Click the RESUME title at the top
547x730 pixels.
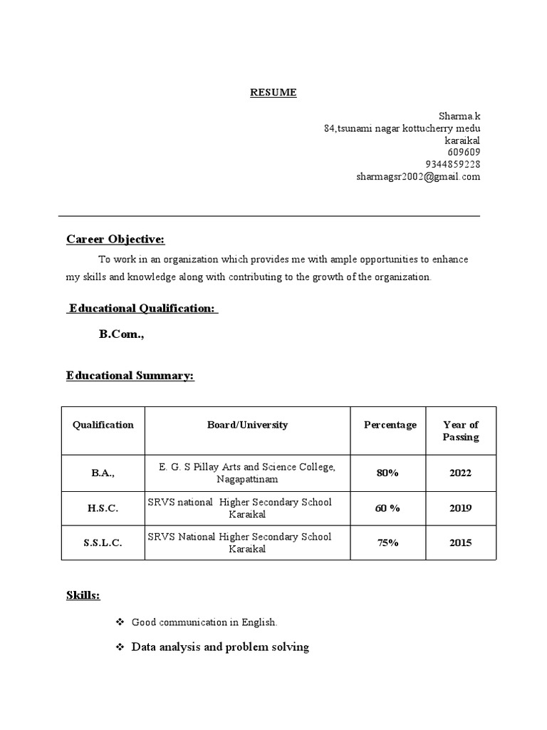pos(273,93)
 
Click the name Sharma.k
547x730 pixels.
pos(459,115)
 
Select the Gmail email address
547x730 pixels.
pos(418,177)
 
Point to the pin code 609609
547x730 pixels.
pos(464,152)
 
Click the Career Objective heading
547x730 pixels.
pos(115,239)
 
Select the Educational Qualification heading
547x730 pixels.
pos(142,308)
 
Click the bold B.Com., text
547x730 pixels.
pos(122,334)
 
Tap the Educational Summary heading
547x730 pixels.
pos(130,375)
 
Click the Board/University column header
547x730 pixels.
pos(247,425)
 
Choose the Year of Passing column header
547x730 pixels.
pos(460,431)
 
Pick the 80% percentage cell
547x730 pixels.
pos(387,473)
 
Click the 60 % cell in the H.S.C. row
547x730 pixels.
pos(387,508)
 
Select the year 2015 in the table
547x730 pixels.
pos(460,543)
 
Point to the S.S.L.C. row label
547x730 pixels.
pos(103,543)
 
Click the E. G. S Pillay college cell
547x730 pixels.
pos(247,473)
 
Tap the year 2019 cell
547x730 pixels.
pos(460,508)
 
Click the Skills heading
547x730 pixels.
pos(83,595)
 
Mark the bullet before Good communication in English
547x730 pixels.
pos(120,622)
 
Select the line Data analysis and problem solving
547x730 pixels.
pos(220,647)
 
